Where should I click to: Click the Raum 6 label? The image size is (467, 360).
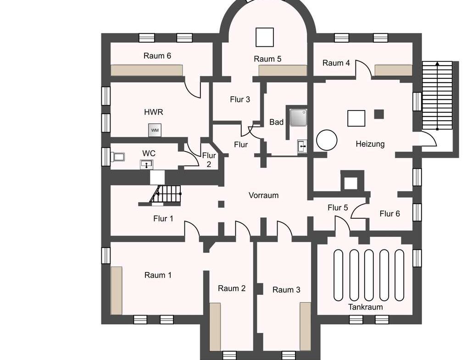pos(157,55)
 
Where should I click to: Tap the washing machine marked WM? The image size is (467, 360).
pos(155,130)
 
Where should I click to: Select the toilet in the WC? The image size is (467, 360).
pos(117,157)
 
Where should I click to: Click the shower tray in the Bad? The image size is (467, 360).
pos(298,117)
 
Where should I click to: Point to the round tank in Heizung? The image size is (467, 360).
pos(327,140)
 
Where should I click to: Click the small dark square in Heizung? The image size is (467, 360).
pos(379,114)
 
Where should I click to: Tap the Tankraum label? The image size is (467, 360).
pos(366,307)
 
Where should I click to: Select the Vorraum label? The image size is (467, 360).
pos(264,195)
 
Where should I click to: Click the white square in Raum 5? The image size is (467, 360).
pos(265,37)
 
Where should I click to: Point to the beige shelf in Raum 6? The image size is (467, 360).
pos(146,70)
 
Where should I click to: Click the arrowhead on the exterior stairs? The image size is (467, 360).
pos(437,63)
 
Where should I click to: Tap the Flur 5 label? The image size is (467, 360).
pos(338,208)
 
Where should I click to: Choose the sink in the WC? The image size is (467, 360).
pos(146,164)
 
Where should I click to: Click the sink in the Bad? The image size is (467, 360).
pos(302,146)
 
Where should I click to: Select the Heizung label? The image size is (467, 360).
pos(370,144)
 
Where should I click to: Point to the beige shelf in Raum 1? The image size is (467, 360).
pos(117,291)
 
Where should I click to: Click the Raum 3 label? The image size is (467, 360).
pos(286,290)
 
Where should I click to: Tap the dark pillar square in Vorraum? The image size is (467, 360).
pos(221,204)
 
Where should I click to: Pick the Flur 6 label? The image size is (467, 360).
pos(389,214)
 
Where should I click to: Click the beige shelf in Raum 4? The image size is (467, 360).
pos(394,70)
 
